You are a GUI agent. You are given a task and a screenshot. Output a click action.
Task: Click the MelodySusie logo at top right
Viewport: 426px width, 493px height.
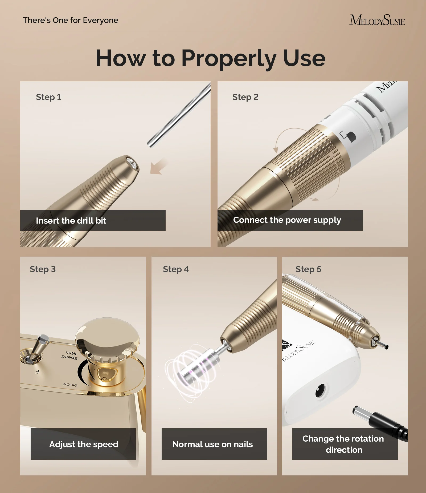(x=377, y=21)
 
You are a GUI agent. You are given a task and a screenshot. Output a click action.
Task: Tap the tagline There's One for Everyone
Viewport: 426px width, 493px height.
(x=70, y=20)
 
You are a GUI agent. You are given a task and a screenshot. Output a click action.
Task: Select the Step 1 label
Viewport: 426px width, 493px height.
(x=48, y=97)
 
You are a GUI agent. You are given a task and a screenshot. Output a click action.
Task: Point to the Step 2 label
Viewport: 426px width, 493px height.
(x=245, y=97)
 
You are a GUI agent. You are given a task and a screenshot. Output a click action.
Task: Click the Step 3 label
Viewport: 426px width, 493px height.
(x=43, y=269)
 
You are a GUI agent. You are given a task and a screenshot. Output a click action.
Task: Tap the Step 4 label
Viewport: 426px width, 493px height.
(x=176, y=269)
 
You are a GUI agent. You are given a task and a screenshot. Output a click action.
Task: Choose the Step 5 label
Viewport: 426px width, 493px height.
(x=308, y=269)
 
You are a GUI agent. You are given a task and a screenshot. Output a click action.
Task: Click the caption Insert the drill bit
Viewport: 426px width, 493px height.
(x=71, y=221)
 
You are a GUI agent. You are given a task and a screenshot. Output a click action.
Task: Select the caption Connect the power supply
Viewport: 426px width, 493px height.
(x=287, y=220)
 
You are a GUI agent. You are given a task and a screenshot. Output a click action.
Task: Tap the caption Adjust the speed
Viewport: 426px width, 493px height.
(x=84, y=444)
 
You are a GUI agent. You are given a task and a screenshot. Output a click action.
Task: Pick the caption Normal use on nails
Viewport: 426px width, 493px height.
(x=212, y=444)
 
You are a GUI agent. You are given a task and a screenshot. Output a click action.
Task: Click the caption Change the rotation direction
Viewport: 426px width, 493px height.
(x=343, y=444)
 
